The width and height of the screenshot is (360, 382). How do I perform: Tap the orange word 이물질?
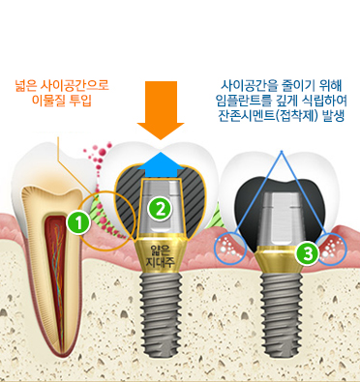point(48,100)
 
